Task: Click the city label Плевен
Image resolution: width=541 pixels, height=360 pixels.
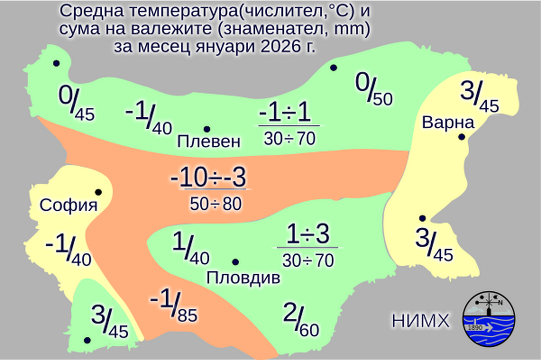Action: coord(208,142)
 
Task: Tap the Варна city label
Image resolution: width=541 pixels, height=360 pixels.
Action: coord(448,123)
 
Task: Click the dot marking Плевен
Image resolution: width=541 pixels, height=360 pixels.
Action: coord(207,129)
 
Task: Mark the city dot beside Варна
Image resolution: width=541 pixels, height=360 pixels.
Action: coord(461,137)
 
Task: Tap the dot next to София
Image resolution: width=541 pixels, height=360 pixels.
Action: coord(98,192)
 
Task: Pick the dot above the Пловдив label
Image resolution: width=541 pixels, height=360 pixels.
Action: coord(235,262)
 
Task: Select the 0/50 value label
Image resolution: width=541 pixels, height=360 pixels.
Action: coord(373,90)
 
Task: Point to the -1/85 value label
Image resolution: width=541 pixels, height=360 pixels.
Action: coord(173,306)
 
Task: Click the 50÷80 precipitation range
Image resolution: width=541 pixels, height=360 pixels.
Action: coord(215,203)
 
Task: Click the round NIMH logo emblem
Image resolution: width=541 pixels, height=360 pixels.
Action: coord(489,321)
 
